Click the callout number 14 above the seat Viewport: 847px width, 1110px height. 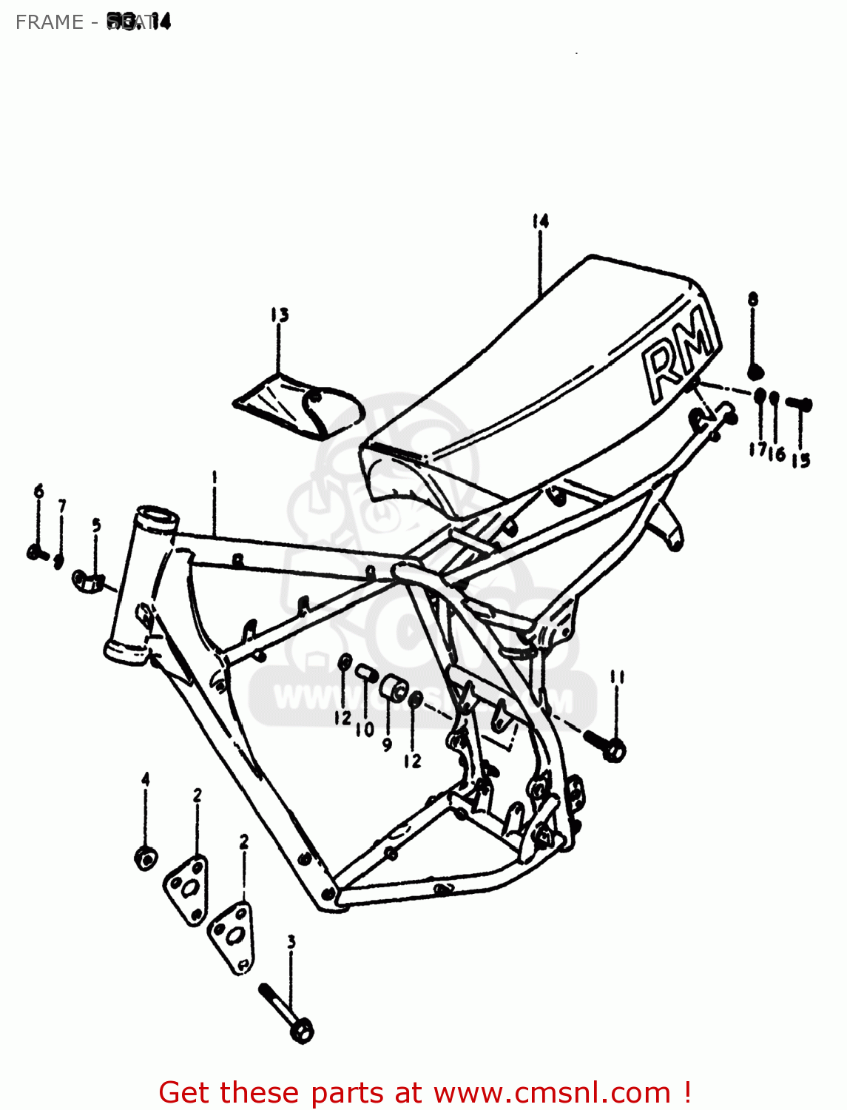click(540, 221)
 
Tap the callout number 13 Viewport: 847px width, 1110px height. click(279, 315)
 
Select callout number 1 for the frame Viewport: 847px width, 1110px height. click(215, 478)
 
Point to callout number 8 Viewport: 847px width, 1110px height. click(753, 300)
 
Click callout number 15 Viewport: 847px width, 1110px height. click(800, 460)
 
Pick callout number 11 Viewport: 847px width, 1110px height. click(618, 676)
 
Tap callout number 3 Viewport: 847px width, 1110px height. click(291, 942)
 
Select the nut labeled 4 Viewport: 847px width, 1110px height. click(146, 858)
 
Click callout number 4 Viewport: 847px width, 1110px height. click(146, 778)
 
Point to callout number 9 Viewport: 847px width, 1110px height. click(387, 745)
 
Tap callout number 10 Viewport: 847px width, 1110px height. click(365, 730)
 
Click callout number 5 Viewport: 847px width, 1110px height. click(96, 525)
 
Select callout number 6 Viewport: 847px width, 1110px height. click(38, 491)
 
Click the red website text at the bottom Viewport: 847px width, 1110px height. click(425, 1092)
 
